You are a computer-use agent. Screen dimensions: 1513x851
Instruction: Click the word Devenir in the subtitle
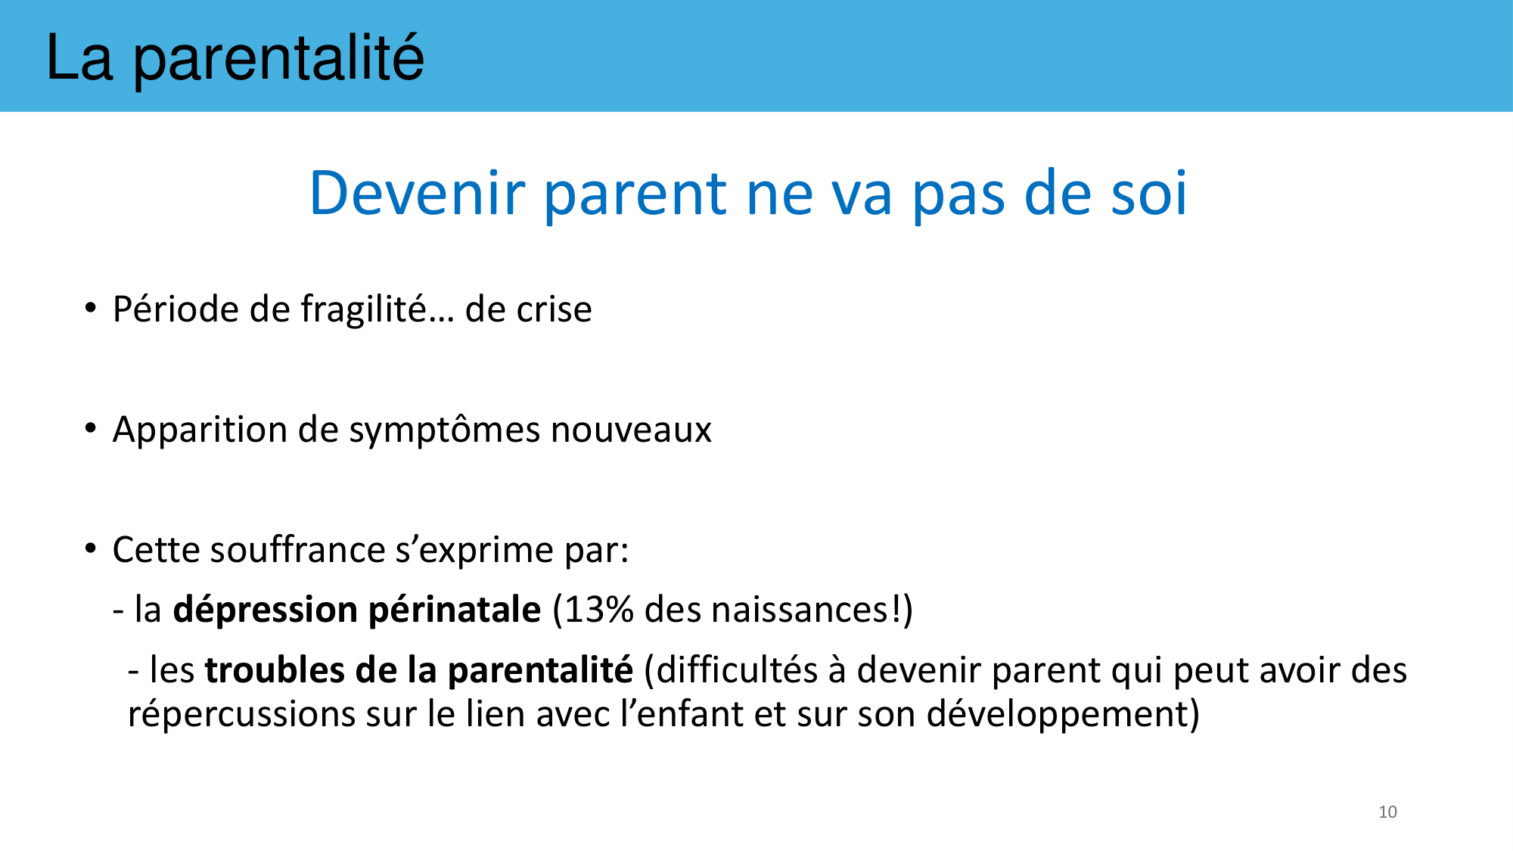coord(417,193)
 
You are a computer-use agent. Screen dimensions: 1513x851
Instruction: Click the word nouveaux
coord(632,430)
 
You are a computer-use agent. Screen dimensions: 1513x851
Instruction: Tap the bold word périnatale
coord(455,610)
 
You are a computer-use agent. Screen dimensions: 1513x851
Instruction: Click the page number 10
coord(1387,812)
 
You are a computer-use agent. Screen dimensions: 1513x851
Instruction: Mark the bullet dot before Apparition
coord(91,429)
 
